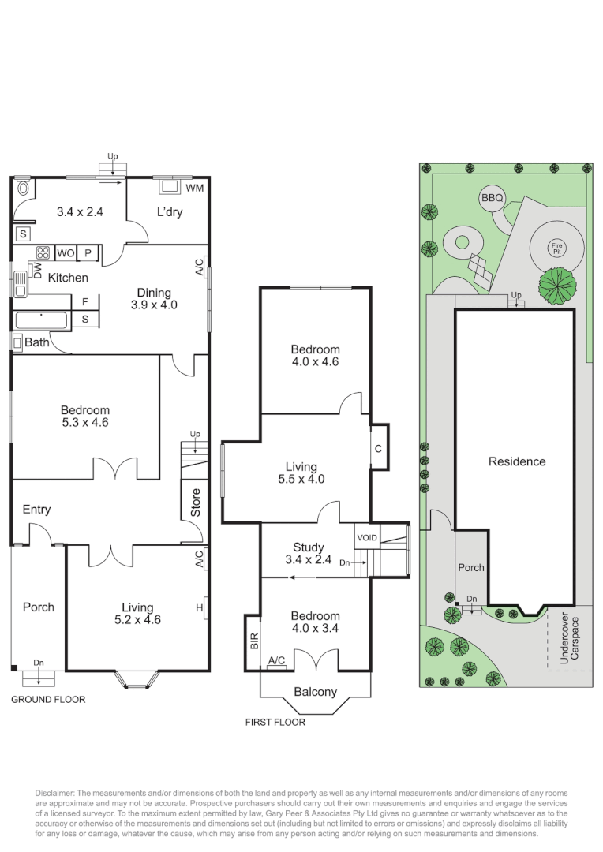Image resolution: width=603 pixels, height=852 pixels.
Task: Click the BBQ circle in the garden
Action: pyautogui.click(x=492, y=200)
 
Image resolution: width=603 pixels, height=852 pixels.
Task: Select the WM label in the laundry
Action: pyautogui.click(x=193, y=189)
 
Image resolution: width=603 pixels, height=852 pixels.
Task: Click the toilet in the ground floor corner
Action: pyautogui.click(x=23, y=189)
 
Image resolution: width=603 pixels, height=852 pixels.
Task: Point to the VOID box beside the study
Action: pyautogui.click(x=367, y=538)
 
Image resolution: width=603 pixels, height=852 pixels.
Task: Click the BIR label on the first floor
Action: pyautogui.click(x=253, y=641)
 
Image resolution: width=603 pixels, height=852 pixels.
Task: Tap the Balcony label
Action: pyautogui.click(x=315, y=692)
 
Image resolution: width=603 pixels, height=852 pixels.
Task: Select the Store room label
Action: pyautogui.click(x=196, y=503)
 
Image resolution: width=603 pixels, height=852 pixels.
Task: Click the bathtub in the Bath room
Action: pyautogui.click(x=42, y=320)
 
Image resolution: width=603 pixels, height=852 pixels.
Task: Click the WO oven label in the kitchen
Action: pyautogui.click(x=65, y=254)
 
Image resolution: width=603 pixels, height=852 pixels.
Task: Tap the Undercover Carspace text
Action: pyautogui.click(x=568, y=638)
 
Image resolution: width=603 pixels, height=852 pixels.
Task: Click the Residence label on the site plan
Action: pyautogui.click(x=517, y=461)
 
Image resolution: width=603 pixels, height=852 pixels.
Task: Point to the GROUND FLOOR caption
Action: pyautogui.click(x=48, y=699)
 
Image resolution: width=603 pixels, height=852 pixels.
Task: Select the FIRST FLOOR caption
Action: pyautogui.click(x=275, y=721)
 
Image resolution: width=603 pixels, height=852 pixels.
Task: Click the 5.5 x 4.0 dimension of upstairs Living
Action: pyautogui.click(x=301, y=479)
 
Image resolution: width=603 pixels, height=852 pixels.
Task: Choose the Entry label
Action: pyautogui.click(x=36, y=510)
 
